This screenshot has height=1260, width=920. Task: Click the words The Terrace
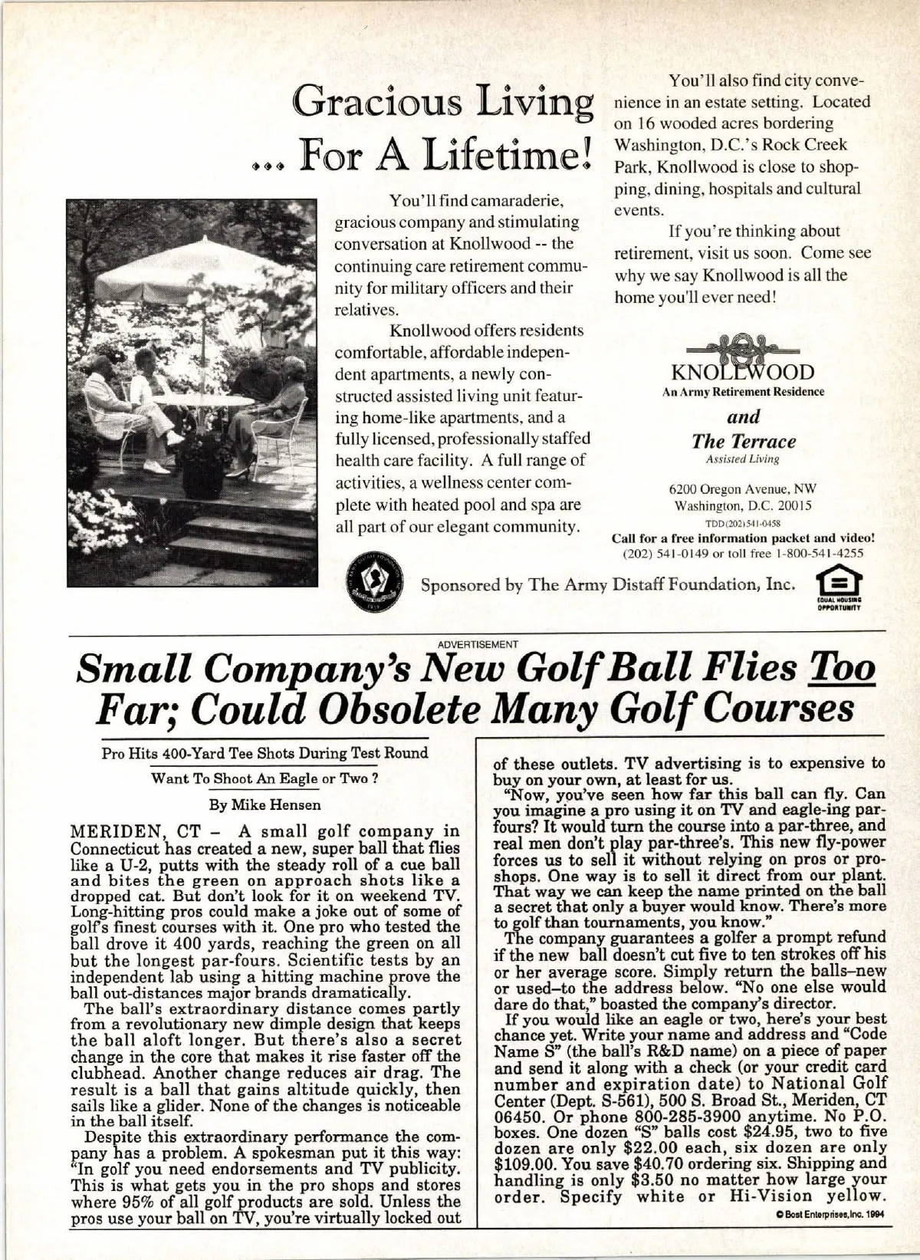(743, 442)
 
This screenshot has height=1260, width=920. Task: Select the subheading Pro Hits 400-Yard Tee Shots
(264, 752)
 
